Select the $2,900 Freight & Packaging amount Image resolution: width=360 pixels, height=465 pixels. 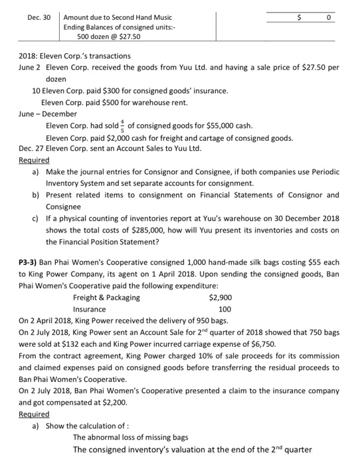(x=220, y=297)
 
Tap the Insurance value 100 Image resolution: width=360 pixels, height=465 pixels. (x=225, y=309)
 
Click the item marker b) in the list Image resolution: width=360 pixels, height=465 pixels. (x=35, y=195)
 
